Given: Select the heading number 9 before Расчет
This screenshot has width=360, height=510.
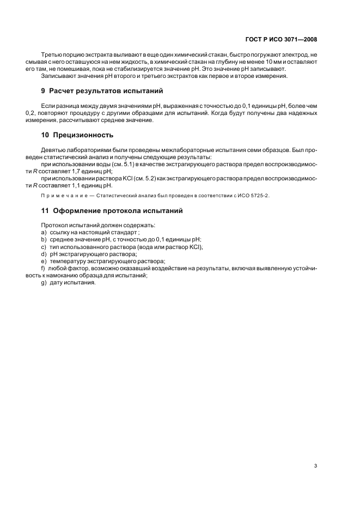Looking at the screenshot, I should (44, 90).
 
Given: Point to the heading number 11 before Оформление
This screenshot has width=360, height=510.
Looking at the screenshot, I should (45, 210).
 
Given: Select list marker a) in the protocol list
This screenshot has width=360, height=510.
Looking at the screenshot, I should (44, 232).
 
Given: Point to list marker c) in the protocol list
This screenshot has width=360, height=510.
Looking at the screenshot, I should (44, 246).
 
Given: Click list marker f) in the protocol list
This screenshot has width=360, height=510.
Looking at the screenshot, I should (43, 268).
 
